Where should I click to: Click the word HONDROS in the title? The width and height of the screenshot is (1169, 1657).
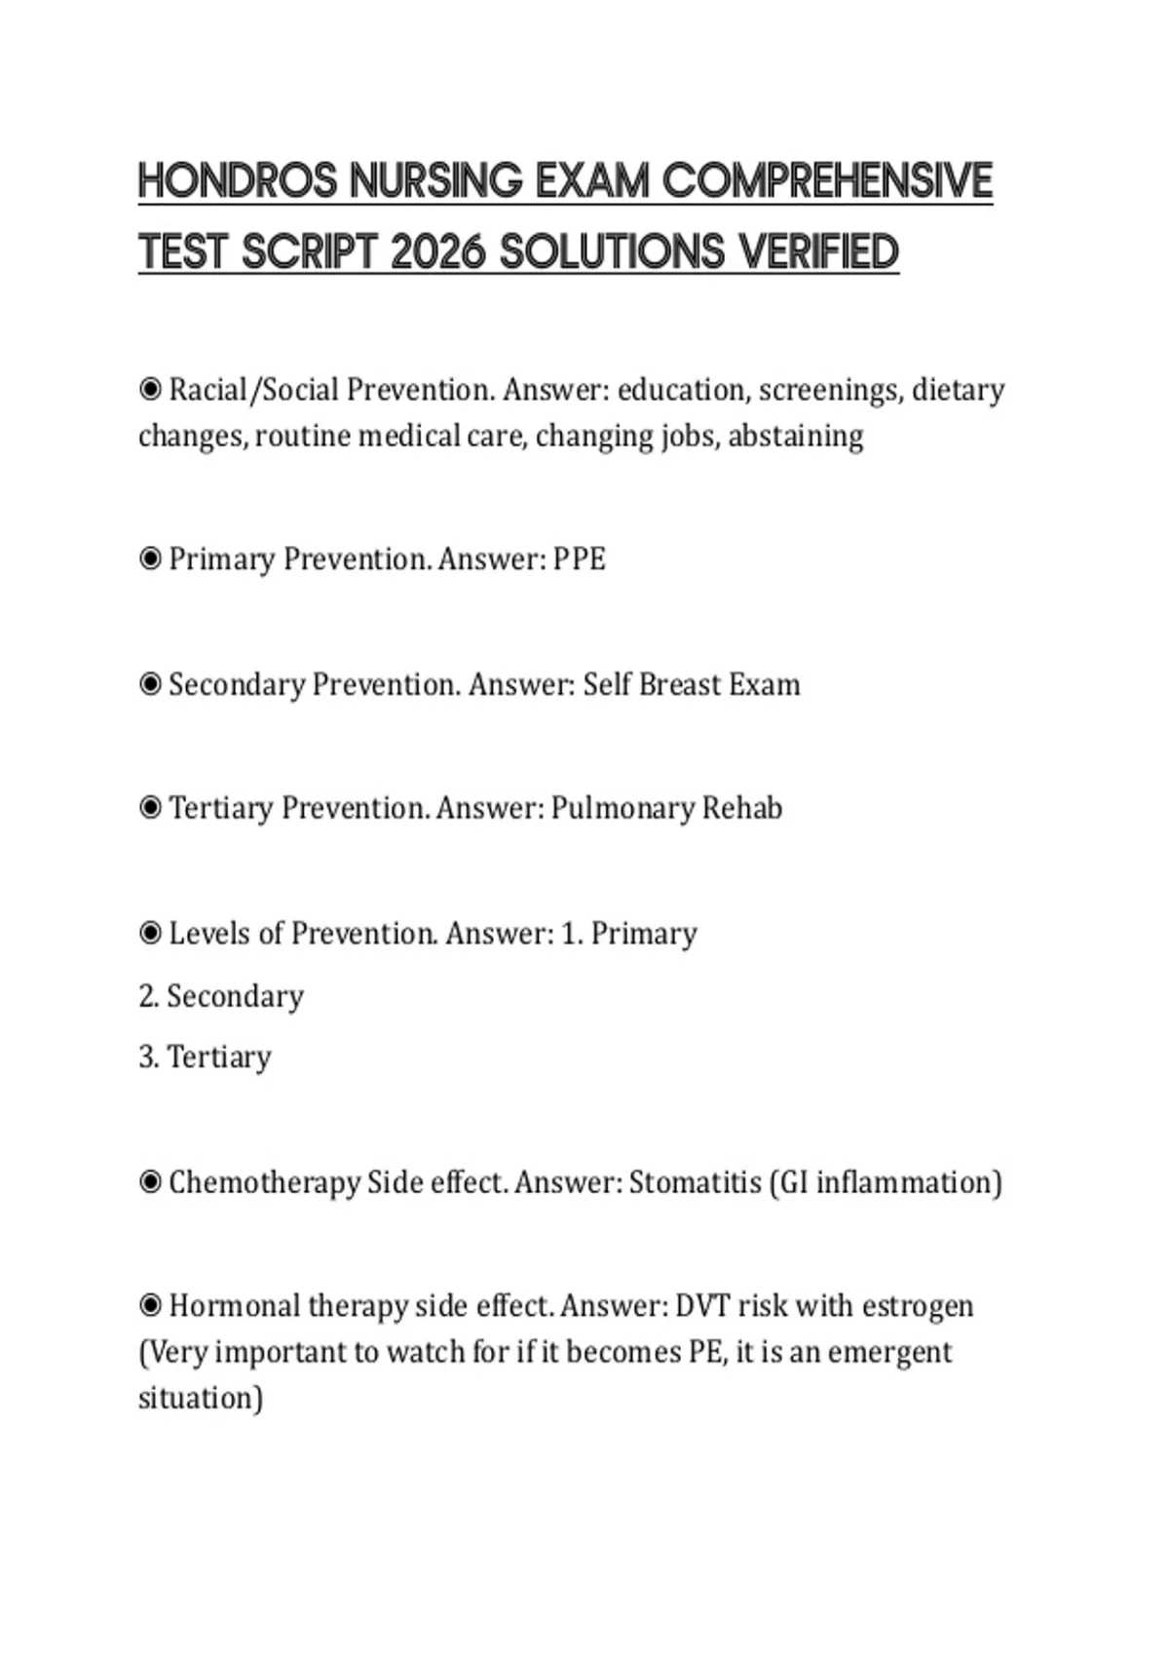point(238,181)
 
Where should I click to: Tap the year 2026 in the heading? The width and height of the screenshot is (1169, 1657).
point(437,252)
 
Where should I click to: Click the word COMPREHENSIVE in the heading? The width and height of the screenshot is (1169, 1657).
point(827,181)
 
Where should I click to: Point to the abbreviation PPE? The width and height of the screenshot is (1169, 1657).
point(580,559)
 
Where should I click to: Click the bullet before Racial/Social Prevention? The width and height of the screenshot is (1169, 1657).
point(150,390)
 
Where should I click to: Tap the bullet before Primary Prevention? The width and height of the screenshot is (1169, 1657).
point(150,559)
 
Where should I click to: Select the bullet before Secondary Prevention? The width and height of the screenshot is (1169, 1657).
point(150,684)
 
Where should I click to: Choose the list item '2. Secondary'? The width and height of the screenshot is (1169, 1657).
point(221,996)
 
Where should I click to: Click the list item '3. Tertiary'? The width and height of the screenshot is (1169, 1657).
point(205,1058)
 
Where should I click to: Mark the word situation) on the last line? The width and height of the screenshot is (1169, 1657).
point(201,1399)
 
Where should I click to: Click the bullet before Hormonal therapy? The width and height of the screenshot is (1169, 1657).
point(150,1306)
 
